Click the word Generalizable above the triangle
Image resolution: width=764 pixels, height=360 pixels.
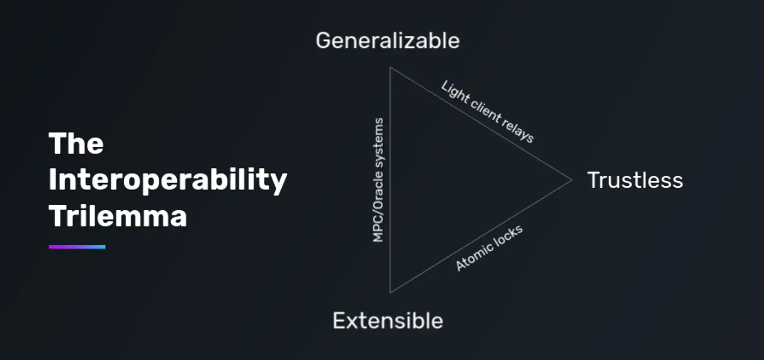click(x=388, y=41)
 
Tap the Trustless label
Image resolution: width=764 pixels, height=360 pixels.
click(x=635, y=180)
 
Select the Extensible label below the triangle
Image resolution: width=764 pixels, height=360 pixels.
click(x=388, y=321)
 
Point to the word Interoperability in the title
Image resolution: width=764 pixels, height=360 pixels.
click(x=168, y=180)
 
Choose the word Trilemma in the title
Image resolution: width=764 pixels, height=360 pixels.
click(x=118, y=216)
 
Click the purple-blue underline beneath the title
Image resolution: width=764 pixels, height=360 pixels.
click(x=77, y=247)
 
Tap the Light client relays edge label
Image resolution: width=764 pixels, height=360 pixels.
click(x=487, y=112)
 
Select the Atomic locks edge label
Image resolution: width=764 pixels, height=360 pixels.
click(x=489, y=248)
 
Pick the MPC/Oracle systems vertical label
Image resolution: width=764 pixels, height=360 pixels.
click(x=378, y=180)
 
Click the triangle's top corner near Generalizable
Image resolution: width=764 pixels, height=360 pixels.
click(x=390, y=68)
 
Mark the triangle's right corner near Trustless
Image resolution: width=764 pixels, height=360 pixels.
click(x=571, y=180)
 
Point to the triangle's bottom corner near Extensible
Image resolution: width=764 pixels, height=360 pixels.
click(x=390, y=292)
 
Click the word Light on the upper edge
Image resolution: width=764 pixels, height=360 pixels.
click(x=455, y=92)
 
